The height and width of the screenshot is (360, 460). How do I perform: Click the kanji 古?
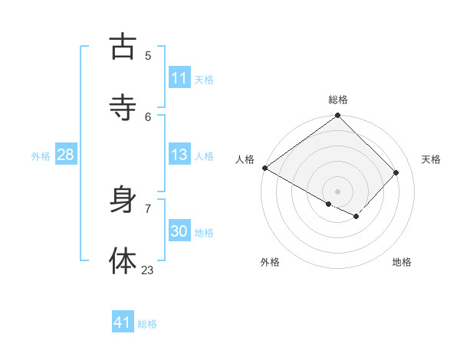pos(123,47)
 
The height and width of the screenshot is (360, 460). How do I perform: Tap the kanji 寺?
pos(123,108)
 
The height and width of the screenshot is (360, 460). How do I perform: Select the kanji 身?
pos(123,201)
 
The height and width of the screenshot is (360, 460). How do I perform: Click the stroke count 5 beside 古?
pos(148,55)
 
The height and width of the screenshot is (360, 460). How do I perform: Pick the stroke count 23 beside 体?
pos(147,270)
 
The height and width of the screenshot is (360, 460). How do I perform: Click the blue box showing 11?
pos(179,78)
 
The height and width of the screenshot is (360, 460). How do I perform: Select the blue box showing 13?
pos(179,155)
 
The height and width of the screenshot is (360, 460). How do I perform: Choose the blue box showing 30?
pos(179,231)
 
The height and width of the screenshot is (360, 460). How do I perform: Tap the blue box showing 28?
pos(65,155)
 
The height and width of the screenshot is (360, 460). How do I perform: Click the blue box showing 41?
pos(123,322)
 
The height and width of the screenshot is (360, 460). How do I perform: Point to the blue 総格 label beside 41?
pos(147,324)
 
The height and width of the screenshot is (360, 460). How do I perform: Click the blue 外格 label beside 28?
pos(41,156)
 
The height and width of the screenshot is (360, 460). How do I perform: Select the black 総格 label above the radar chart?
pos(338,100)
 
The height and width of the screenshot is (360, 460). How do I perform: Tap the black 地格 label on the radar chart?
pos(402,262)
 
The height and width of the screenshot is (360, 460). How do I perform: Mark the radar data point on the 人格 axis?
pos(264,168)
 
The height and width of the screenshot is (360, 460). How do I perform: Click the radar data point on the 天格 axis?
pos(396,172)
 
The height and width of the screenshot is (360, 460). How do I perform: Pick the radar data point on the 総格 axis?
pos(338,116)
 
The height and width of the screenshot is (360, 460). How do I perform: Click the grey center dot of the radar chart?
pos(338,191)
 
